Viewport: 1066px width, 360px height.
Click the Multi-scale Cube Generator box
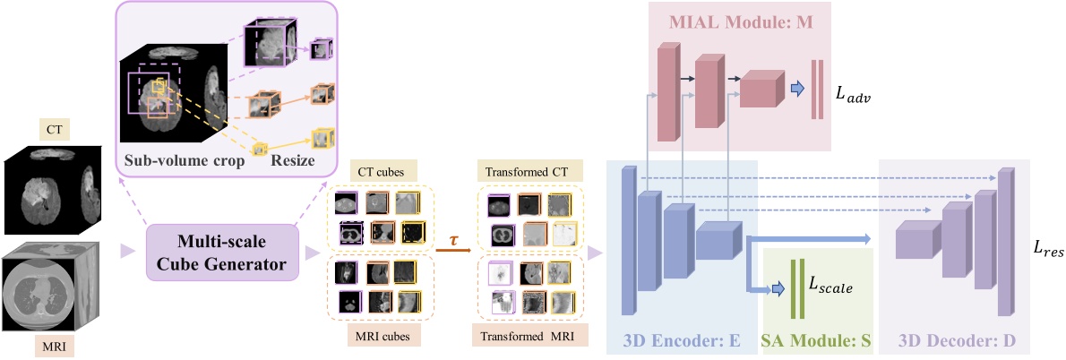(x=220, y=252)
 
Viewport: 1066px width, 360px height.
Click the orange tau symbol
(x=455, y=243)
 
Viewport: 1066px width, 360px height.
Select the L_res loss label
(x=1046, y=252)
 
